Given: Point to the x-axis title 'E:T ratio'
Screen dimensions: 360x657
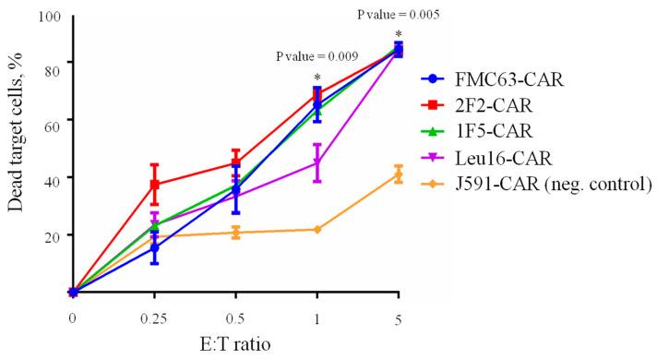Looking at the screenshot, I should [x=235, y=343].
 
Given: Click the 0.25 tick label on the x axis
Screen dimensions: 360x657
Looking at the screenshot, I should [x=154, y=318].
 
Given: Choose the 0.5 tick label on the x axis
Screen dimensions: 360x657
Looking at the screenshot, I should [x=235, y=318].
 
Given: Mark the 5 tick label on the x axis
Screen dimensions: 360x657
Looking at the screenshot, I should [x=398, y=318].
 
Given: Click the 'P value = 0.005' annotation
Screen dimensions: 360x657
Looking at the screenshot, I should [x=398, y=15].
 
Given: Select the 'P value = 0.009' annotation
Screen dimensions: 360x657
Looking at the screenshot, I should [x=317, y=55].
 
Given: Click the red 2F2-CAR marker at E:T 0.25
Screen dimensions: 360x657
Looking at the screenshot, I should [x=155, y=185].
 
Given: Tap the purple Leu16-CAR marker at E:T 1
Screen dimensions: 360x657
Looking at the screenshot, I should [x=317, y=163].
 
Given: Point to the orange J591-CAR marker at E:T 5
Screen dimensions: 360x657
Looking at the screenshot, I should [x=398, y=174].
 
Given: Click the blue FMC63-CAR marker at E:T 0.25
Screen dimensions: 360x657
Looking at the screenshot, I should [x=155, y=248].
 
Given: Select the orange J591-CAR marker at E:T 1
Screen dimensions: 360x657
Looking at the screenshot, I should [x=317, y=229].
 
